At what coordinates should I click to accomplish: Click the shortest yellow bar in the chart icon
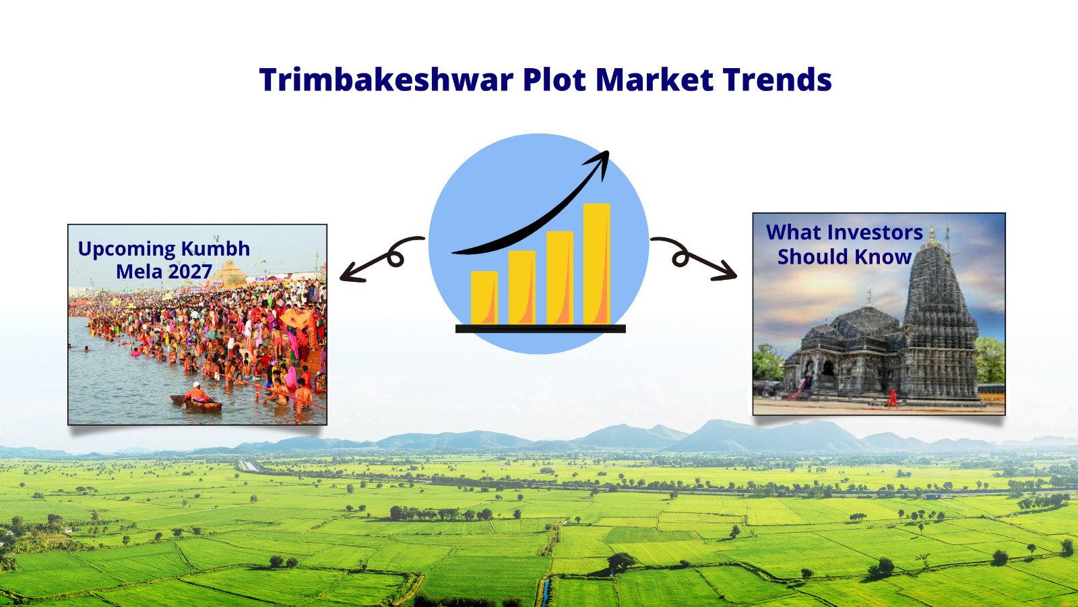pyautogui.click(x=484, y=297)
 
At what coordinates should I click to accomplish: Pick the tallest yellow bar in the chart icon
pyautogui.click(x=596, y=264)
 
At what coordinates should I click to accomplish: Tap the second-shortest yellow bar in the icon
pyautogui.click(x=521, y=287)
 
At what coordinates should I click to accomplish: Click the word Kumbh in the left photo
pyautogui.click(x=216, y=249)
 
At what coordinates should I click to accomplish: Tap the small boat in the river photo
pyautogui.click(x=196, y=402)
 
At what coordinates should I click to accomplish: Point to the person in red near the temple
pyautogui.click(x=893, y=398)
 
